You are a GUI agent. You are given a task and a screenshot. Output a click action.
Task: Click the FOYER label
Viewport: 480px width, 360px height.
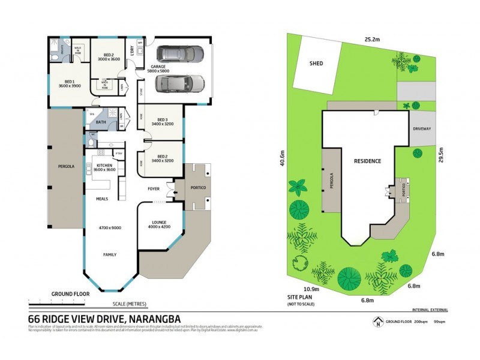point(154,188)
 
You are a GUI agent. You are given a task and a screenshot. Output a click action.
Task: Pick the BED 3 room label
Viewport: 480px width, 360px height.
point(161,119)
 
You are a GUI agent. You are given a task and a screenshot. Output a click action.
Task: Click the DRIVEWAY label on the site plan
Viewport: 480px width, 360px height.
point(422,129)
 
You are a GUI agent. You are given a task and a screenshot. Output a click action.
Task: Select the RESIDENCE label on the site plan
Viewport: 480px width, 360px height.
point(367,161)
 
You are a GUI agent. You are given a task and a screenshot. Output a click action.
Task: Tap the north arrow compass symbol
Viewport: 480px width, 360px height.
point(377,322)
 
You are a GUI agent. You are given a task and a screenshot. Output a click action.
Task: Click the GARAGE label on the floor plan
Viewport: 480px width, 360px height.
point(160,67)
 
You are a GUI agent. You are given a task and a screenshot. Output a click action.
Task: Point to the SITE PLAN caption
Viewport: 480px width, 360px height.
point(301,298)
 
